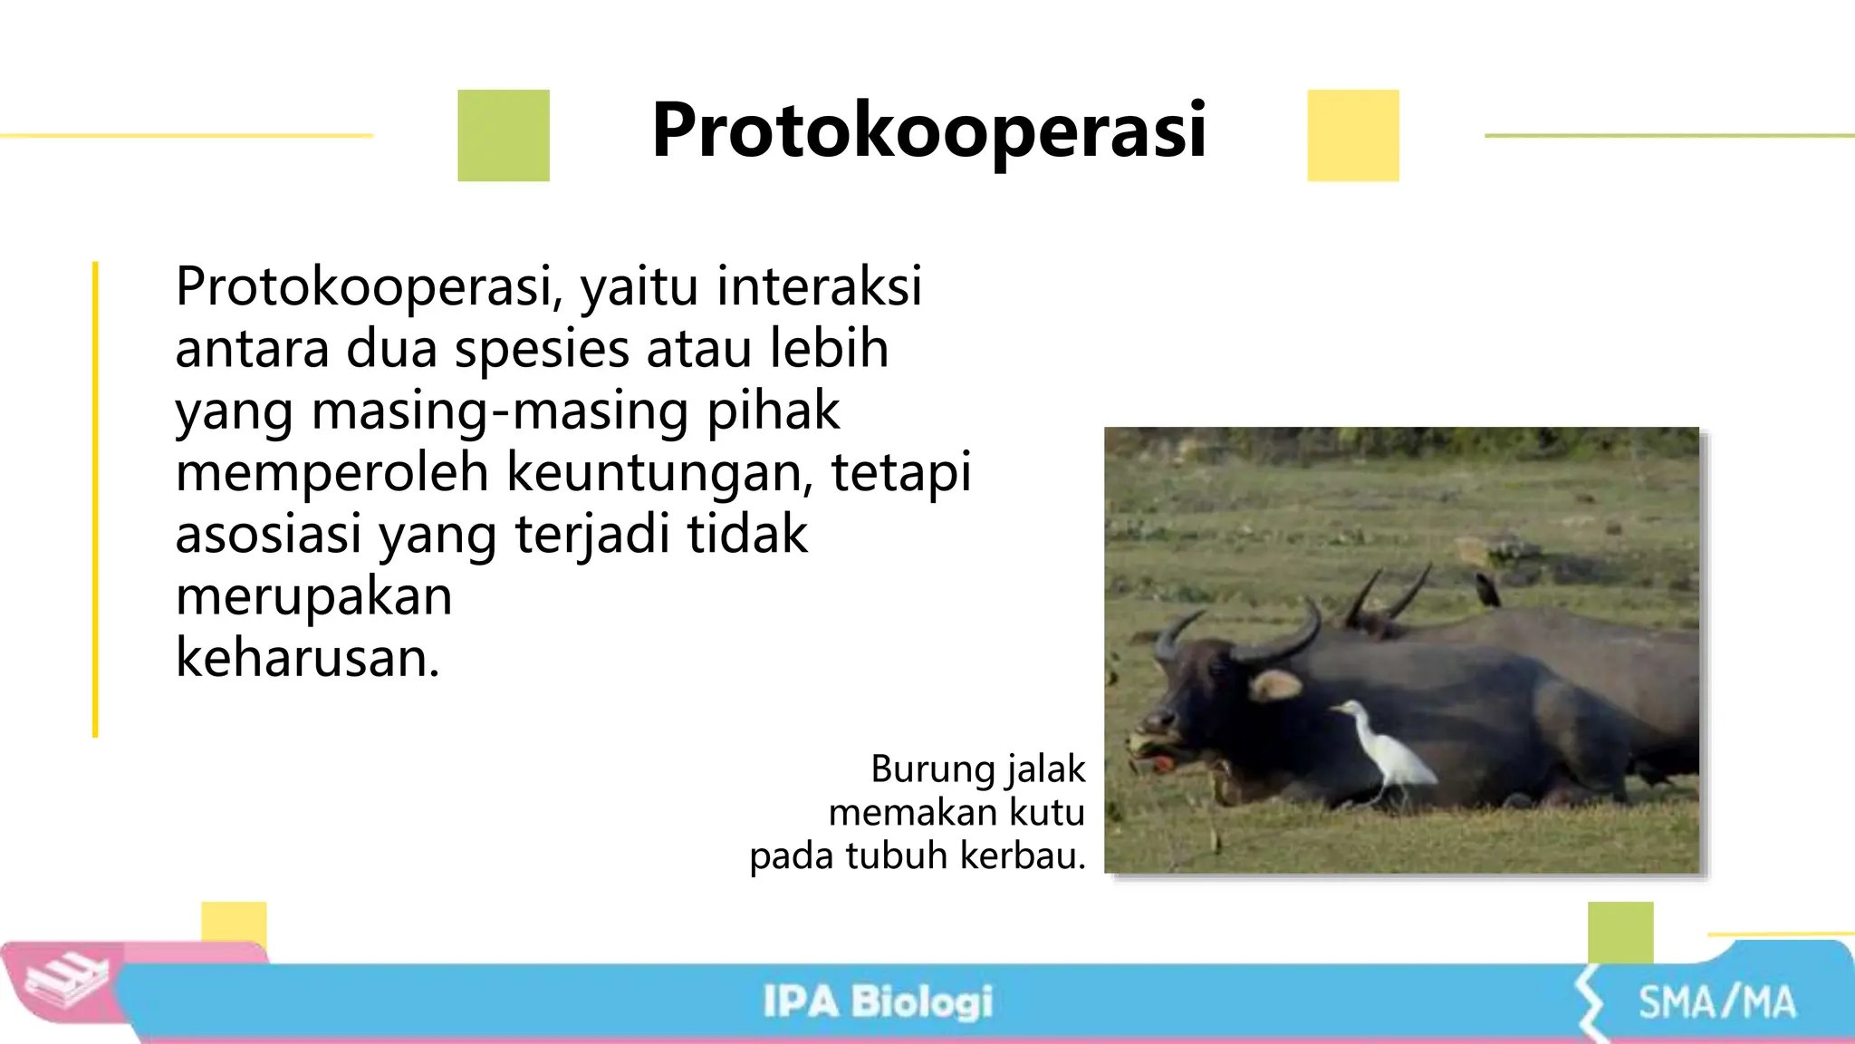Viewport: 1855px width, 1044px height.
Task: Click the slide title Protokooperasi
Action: pyautogui.click(x=928, y=131)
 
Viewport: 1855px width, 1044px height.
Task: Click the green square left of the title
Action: pyautogui.click(x=504, y=136)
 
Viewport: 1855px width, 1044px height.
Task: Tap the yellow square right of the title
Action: pyautogui.click(x=1353, y=136)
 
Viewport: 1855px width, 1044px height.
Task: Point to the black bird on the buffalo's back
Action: pyautogui.click(x=1486, y=590)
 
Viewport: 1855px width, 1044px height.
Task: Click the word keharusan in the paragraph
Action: pyautogui.click(x=306, y=658)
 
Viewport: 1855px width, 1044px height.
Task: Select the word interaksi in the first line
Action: pyautogui.click(x=819, y=286)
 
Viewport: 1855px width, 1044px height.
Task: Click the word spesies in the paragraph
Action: pyautogui.click(x=541, y=349)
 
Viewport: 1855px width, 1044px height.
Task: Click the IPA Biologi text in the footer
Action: pyautogui.click(x=877, y=1002)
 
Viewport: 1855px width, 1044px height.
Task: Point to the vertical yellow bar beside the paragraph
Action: pyautogui.click(x=95, y=498)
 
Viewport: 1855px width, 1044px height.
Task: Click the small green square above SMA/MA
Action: pyautogui.click(x=1620, y=932)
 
